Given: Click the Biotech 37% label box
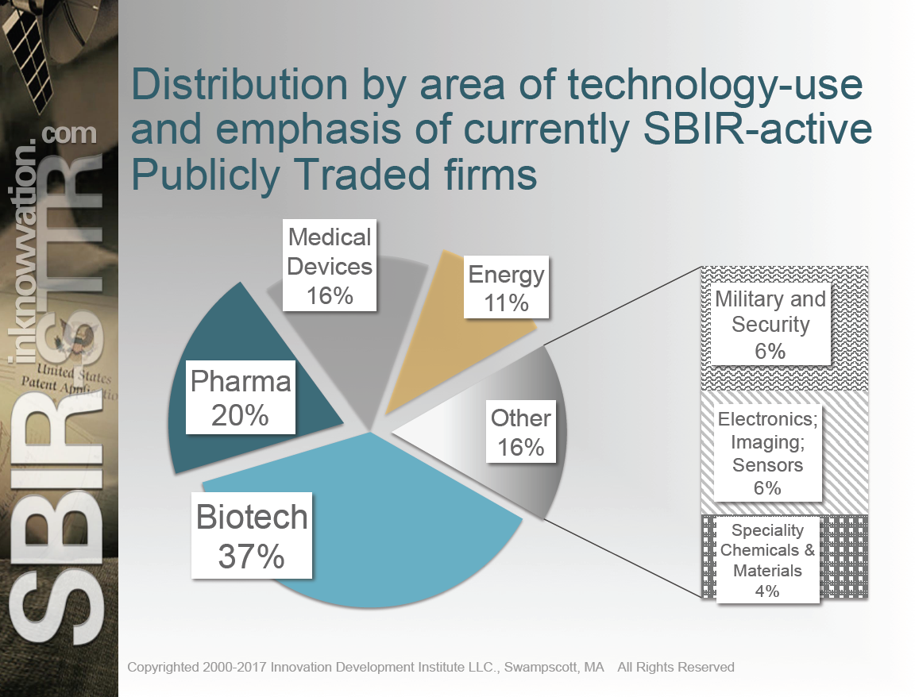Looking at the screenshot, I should pos(252,537).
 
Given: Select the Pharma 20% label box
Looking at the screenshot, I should pos(241,399).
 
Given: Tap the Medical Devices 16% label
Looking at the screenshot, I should pos(330,266).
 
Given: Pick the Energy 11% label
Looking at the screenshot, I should pos(506,288).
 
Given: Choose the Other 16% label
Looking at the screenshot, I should pos(520,433).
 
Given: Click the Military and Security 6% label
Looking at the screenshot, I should pos(770,324).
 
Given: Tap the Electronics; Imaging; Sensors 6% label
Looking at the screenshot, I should pos(767,453).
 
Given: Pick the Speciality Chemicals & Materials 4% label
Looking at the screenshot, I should pos(767,560).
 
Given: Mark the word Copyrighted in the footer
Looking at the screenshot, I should pos(164,667).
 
